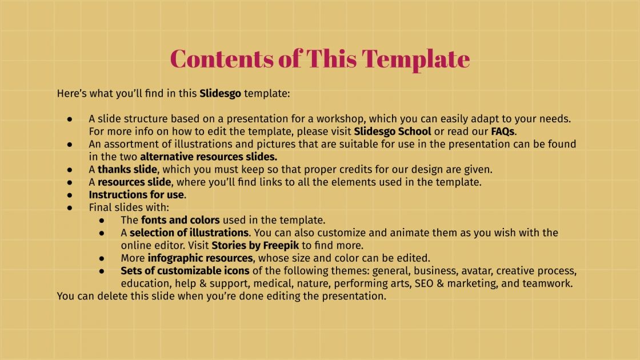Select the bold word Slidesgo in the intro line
coord(220,93)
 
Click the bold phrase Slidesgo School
coord(393,131)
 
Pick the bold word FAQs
coord(503,131)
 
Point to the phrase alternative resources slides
coord(209,157)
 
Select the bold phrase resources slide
coord(134,182)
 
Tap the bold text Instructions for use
coord(137,195)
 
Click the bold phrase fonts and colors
coord(180,220)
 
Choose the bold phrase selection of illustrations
coord(189,233)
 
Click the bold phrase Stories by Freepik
coord(255,246)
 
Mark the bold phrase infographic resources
coord(200,258)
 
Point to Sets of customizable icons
coord(185,271)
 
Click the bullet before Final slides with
coord(70,208)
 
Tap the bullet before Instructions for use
coord(70,195)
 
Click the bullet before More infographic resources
coord(102,258)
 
